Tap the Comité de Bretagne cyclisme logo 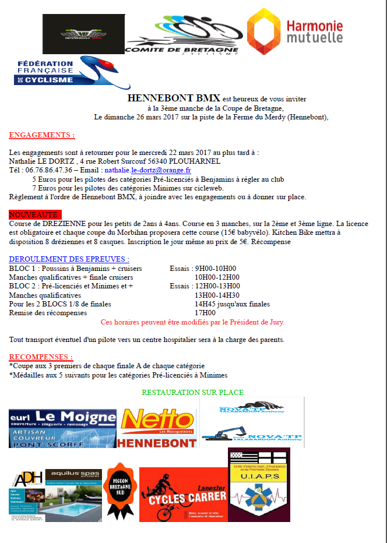tap(182, 36)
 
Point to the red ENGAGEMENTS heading tap(42, 135)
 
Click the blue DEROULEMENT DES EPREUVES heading tap(69, 259)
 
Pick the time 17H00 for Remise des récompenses tap(205, 312)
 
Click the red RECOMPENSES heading tap(41, 357)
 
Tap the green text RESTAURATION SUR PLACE tap(193, 393)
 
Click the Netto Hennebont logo tap(158, 428)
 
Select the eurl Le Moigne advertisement tap(62, 428)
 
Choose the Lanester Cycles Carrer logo tap(184, 494)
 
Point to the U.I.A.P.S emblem tap(259, 485)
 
